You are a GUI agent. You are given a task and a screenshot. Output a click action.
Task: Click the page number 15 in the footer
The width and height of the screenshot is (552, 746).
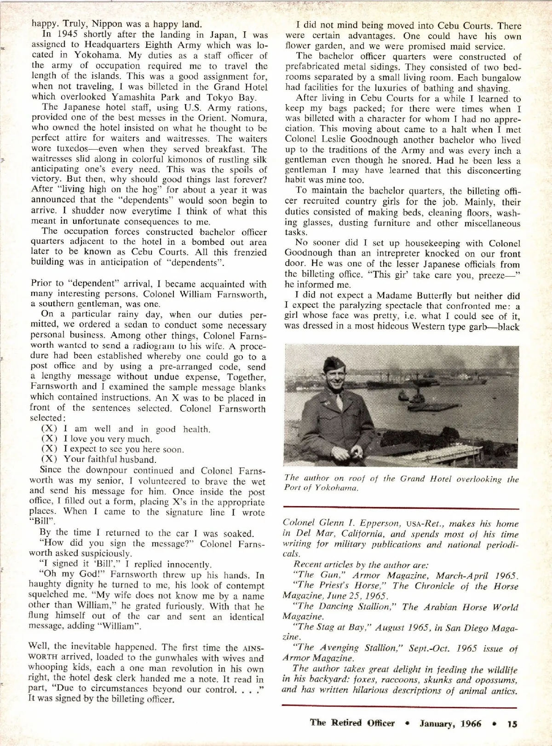click(x=512, y=723)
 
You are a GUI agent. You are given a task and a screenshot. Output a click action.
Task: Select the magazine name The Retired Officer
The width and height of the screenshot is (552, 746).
click(x=352, y=723)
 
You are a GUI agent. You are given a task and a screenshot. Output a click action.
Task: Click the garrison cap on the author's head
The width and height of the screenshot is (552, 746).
click(x=331, y=366)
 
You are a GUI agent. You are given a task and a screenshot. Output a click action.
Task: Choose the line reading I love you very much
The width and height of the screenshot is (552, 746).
click(x=108, y=439)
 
